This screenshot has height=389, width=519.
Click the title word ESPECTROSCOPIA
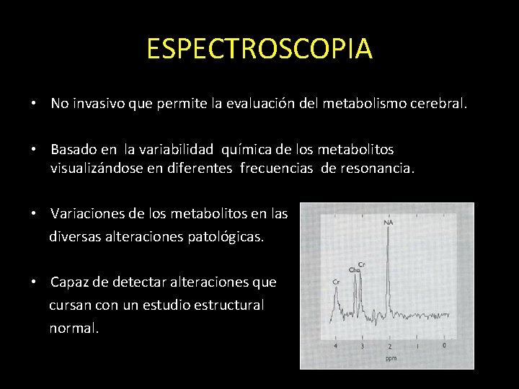coord(259,49)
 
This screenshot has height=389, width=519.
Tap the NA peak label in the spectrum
coord(389,223)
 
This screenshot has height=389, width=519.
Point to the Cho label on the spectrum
coord(354,270)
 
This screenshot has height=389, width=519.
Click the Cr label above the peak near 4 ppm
coord(336,281)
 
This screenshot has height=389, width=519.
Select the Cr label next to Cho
coord(361,264)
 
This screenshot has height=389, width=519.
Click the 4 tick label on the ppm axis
coord(334,346)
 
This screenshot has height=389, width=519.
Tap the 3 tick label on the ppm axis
coord(362,346)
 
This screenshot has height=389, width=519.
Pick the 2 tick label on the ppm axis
coord(389,346)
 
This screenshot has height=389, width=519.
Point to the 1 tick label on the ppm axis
coord(417,346)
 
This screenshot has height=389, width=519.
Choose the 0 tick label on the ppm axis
coord(444,346)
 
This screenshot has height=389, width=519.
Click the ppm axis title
coord(391,357)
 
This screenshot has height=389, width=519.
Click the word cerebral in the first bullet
coord(442,104)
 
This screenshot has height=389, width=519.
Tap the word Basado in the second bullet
coord(74,149)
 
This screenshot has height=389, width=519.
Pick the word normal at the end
coord(71,328)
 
